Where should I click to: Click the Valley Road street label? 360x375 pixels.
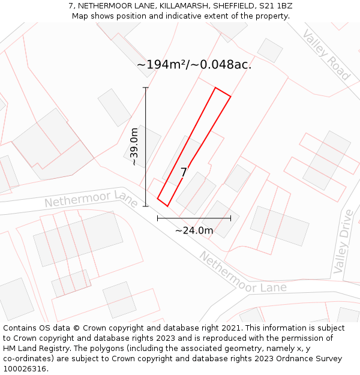click(326, 55)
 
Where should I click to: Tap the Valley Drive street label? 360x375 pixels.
click(344, 241)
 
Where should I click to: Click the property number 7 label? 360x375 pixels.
click(184, 173)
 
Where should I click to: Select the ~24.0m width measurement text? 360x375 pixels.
click(194, 230)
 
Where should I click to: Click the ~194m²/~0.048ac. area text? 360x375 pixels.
click(194, 64)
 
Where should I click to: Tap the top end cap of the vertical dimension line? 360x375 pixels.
click(145, 88)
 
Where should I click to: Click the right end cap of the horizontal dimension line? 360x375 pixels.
click(230, 218)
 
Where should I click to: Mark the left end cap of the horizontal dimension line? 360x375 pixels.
click(157, 218)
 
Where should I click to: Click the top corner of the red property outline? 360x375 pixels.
click(215, 88)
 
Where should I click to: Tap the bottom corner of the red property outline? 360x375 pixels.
click(167, 206)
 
